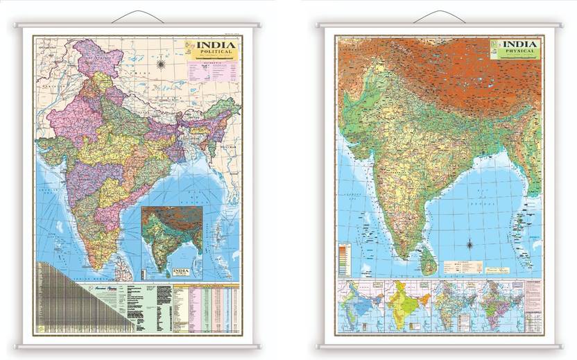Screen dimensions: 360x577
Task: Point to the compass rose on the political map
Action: click(161, 65)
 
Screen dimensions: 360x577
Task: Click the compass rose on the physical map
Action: click(470, 244)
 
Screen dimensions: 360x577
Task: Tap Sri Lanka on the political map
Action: click(119, 262)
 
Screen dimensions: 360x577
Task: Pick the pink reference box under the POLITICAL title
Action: click(212, 71)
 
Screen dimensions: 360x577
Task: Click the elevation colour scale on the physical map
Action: click(344, 259)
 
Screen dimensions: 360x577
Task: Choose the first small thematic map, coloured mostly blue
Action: click(361, 305)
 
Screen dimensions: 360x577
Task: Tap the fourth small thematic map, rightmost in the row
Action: click(501, 305)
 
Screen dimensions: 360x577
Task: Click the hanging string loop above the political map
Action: click(136, 17)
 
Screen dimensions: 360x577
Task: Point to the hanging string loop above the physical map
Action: click(440, 16)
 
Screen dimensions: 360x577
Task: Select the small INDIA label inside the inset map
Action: click(180, 271)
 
